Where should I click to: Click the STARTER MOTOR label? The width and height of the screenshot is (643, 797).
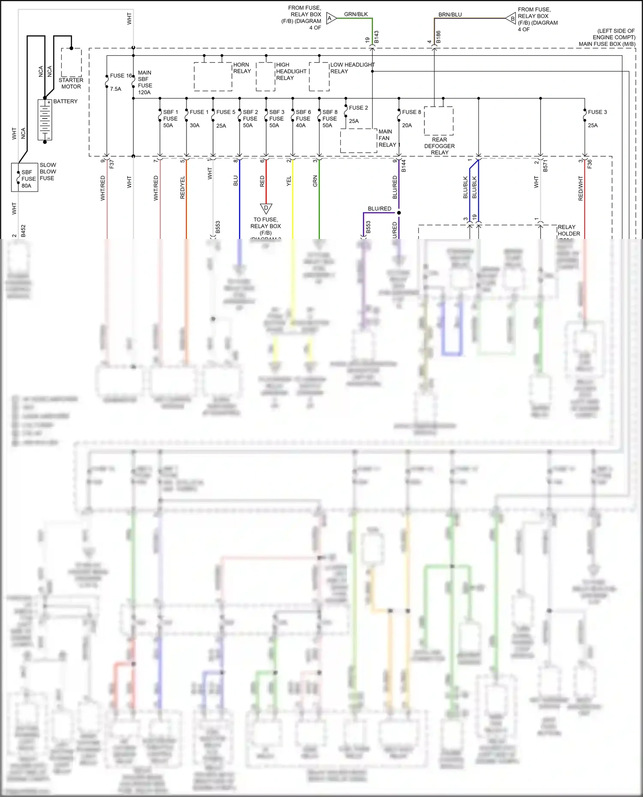[x=71, y=83]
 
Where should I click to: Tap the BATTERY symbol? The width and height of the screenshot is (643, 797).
[x=45, y=120]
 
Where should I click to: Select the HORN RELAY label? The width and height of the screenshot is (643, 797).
[x=242, y=68]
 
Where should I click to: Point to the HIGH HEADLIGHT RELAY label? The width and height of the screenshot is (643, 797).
[x=291, y=71]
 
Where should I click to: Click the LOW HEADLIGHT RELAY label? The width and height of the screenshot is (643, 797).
[x=352, y=68]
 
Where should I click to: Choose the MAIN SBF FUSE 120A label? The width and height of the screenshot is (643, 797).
[x=145, y=82]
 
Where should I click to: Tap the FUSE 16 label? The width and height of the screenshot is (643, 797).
[x=121, y=76]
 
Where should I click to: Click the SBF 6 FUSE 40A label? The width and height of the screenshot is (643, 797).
[x=303, y=119]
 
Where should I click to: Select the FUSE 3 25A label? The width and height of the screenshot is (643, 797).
[x=597, y=118]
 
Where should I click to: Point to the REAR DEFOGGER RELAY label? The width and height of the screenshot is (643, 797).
[x=439, y=146]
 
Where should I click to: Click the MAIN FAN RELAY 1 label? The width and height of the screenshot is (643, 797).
[x=389, y=138]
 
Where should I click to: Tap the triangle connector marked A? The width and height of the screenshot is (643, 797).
[x=331, y=18]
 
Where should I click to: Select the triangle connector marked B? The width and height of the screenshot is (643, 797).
[x=511, y=19]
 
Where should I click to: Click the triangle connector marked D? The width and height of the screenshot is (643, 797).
[x=266, y=209]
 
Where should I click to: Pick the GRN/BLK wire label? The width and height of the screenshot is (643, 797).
[x=356, y=14]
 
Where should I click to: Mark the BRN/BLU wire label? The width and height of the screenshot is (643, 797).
[x=450, y=15]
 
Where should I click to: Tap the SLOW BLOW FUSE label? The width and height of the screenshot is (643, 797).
[x=48, y=171]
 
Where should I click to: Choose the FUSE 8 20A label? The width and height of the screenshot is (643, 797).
[x=411, y=118]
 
